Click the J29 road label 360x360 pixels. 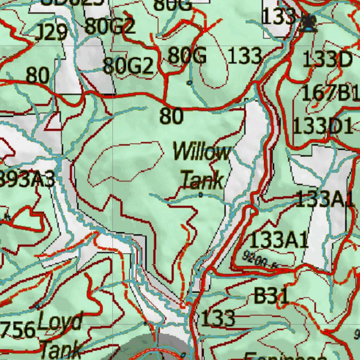[51, 33]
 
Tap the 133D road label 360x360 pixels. [327, 60]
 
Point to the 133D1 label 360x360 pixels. [323, 126]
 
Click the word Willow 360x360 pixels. [202, 153]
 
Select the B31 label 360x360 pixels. [271, 296]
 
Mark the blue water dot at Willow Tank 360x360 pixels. [201, 194]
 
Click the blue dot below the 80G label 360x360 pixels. [190, 83]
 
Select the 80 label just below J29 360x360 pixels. [37, 75]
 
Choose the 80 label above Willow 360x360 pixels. [172, 116]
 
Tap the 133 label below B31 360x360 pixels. [218, 318]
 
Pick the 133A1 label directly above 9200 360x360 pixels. [279, 240]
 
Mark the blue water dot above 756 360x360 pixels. [37, 307]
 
